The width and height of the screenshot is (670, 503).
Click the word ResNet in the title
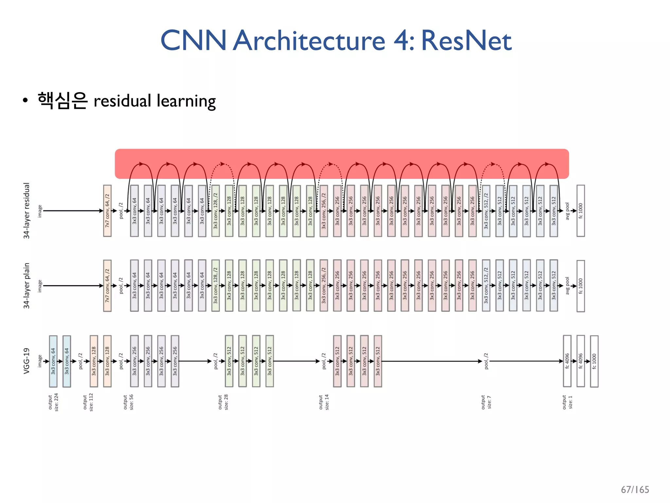pos(466,41)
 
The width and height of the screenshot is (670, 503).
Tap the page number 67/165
pos(635,490)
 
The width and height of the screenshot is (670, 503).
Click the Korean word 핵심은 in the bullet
pos(62,101)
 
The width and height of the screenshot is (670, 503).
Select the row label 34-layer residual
pos(26,211)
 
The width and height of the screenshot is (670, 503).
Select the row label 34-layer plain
pos(26,286)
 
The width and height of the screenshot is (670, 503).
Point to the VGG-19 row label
pos(26,361)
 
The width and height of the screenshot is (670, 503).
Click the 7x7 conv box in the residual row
pos(107,211)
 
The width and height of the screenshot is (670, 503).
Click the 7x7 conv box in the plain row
pos(107,286)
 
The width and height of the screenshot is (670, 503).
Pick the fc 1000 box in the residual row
pos(580,211)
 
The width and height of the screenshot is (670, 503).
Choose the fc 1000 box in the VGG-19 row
pos(594,361)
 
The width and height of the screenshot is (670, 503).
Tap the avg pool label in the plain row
pos(567,286)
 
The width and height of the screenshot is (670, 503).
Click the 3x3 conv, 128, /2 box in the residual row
pos(215,211)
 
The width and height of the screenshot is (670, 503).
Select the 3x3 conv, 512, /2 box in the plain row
pos(486,286)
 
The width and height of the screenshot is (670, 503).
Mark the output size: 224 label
pos(53,402)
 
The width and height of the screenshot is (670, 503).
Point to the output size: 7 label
pos(486,402)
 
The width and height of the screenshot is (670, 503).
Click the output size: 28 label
pos(223,402)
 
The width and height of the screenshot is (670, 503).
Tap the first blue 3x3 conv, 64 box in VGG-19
pos(53,361)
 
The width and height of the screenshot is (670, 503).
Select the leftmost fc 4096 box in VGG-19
pos(567,361)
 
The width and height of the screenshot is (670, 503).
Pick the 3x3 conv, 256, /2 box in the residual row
pos(324,211)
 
